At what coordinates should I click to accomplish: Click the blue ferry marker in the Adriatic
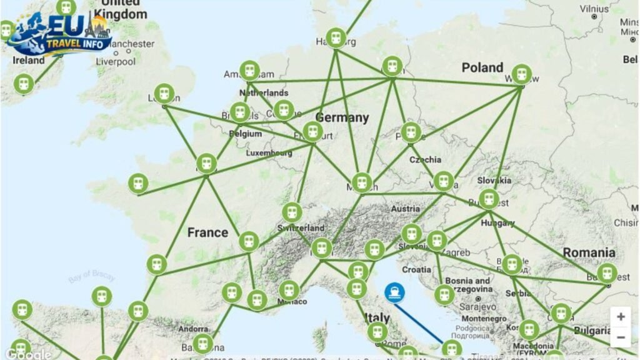click(x=394, y=292)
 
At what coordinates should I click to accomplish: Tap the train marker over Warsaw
click(x=521, y=74)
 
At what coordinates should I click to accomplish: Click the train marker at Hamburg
click(x=336, y=38)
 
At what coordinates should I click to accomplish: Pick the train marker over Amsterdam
click(x=249, y=71)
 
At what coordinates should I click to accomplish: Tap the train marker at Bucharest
click(x=607, y=273)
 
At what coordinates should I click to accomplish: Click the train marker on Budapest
click(x=488, y=199)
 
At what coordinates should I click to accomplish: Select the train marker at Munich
click(x=361, y=182)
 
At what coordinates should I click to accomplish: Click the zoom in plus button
click(x=620, y=317)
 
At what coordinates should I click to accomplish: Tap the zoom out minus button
click(x=620, y=337)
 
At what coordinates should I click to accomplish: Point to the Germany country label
click(x=342, y=117)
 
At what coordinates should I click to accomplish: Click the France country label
click(x=207, y=232)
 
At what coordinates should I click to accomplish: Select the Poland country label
click(x=482, y=67)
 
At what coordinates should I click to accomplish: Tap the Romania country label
click(x=589, y=252)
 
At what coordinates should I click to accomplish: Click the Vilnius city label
click(x=594, y=9)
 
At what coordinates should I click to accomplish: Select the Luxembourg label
click(x=269, y=152)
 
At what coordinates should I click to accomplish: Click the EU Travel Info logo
click(x=59, y=34)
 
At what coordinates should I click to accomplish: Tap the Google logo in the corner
click(x=28, y=354)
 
